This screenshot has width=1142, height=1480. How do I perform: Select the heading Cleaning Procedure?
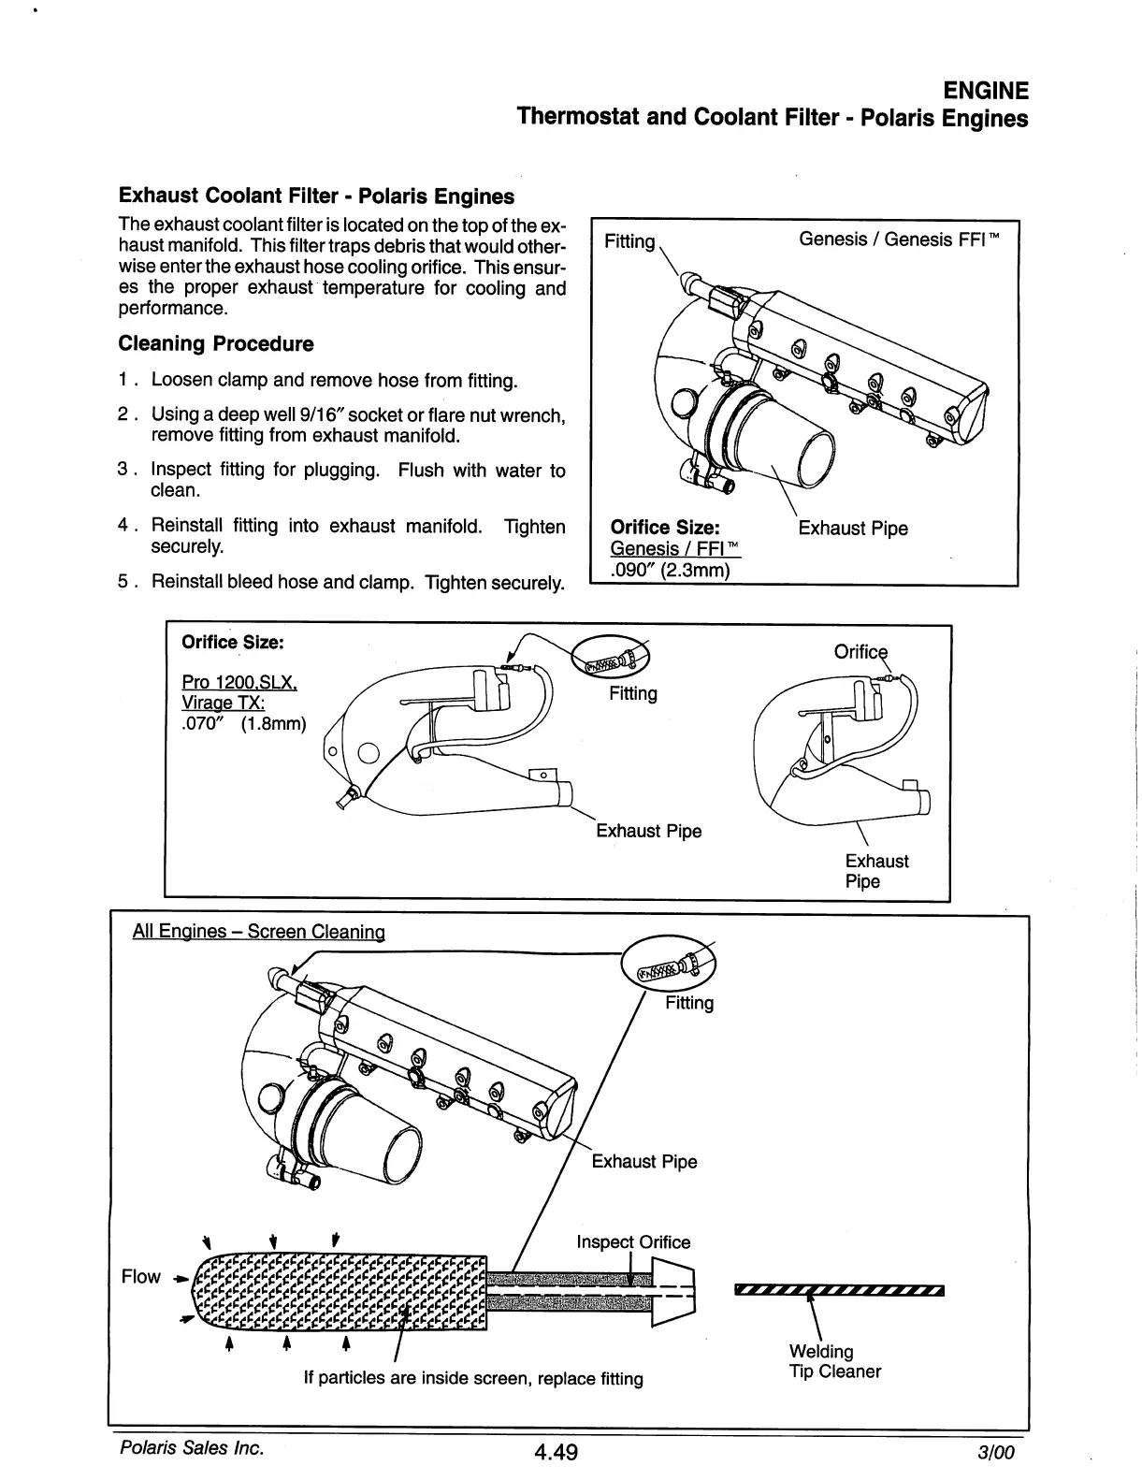tap(216, 343)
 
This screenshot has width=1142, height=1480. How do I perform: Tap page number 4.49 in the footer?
tap(556, 1451)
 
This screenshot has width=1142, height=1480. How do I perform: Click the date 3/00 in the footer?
tap(994, 1452)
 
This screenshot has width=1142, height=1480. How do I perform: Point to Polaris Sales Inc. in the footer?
tap(192, 1447)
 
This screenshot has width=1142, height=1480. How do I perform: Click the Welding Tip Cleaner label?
tap(834, 1361)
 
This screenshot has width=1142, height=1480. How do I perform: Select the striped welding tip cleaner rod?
tap(840, 1291)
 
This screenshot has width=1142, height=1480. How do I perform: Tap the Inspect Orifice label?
tap(633, 1242)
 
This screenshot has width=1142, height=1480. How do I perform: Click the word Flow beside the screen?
tap(141, 1277)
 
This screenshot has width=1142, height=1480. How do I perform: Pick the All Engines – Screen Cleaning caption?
tap(259, 931)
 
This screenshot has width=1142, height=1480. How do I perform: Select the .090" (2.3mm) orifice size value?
tap(669, 570)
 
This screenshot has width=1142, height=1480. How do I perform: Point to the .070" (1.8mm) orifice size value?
tap(243, 723)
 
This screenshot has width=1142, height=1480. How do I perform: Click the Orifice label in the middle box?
tap(860, 652)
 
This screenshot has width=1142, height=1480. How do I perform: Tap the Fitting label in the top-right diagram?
tap(629, 241)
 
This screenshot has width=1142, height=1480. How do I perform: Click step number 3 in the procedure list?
tap(123, 470)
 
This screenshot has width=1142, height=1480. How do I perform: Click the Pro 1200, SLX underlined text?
tap(239, 683)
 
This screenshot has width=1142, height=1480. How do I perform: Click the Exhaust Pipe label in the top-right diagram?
tap(852, 529)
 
